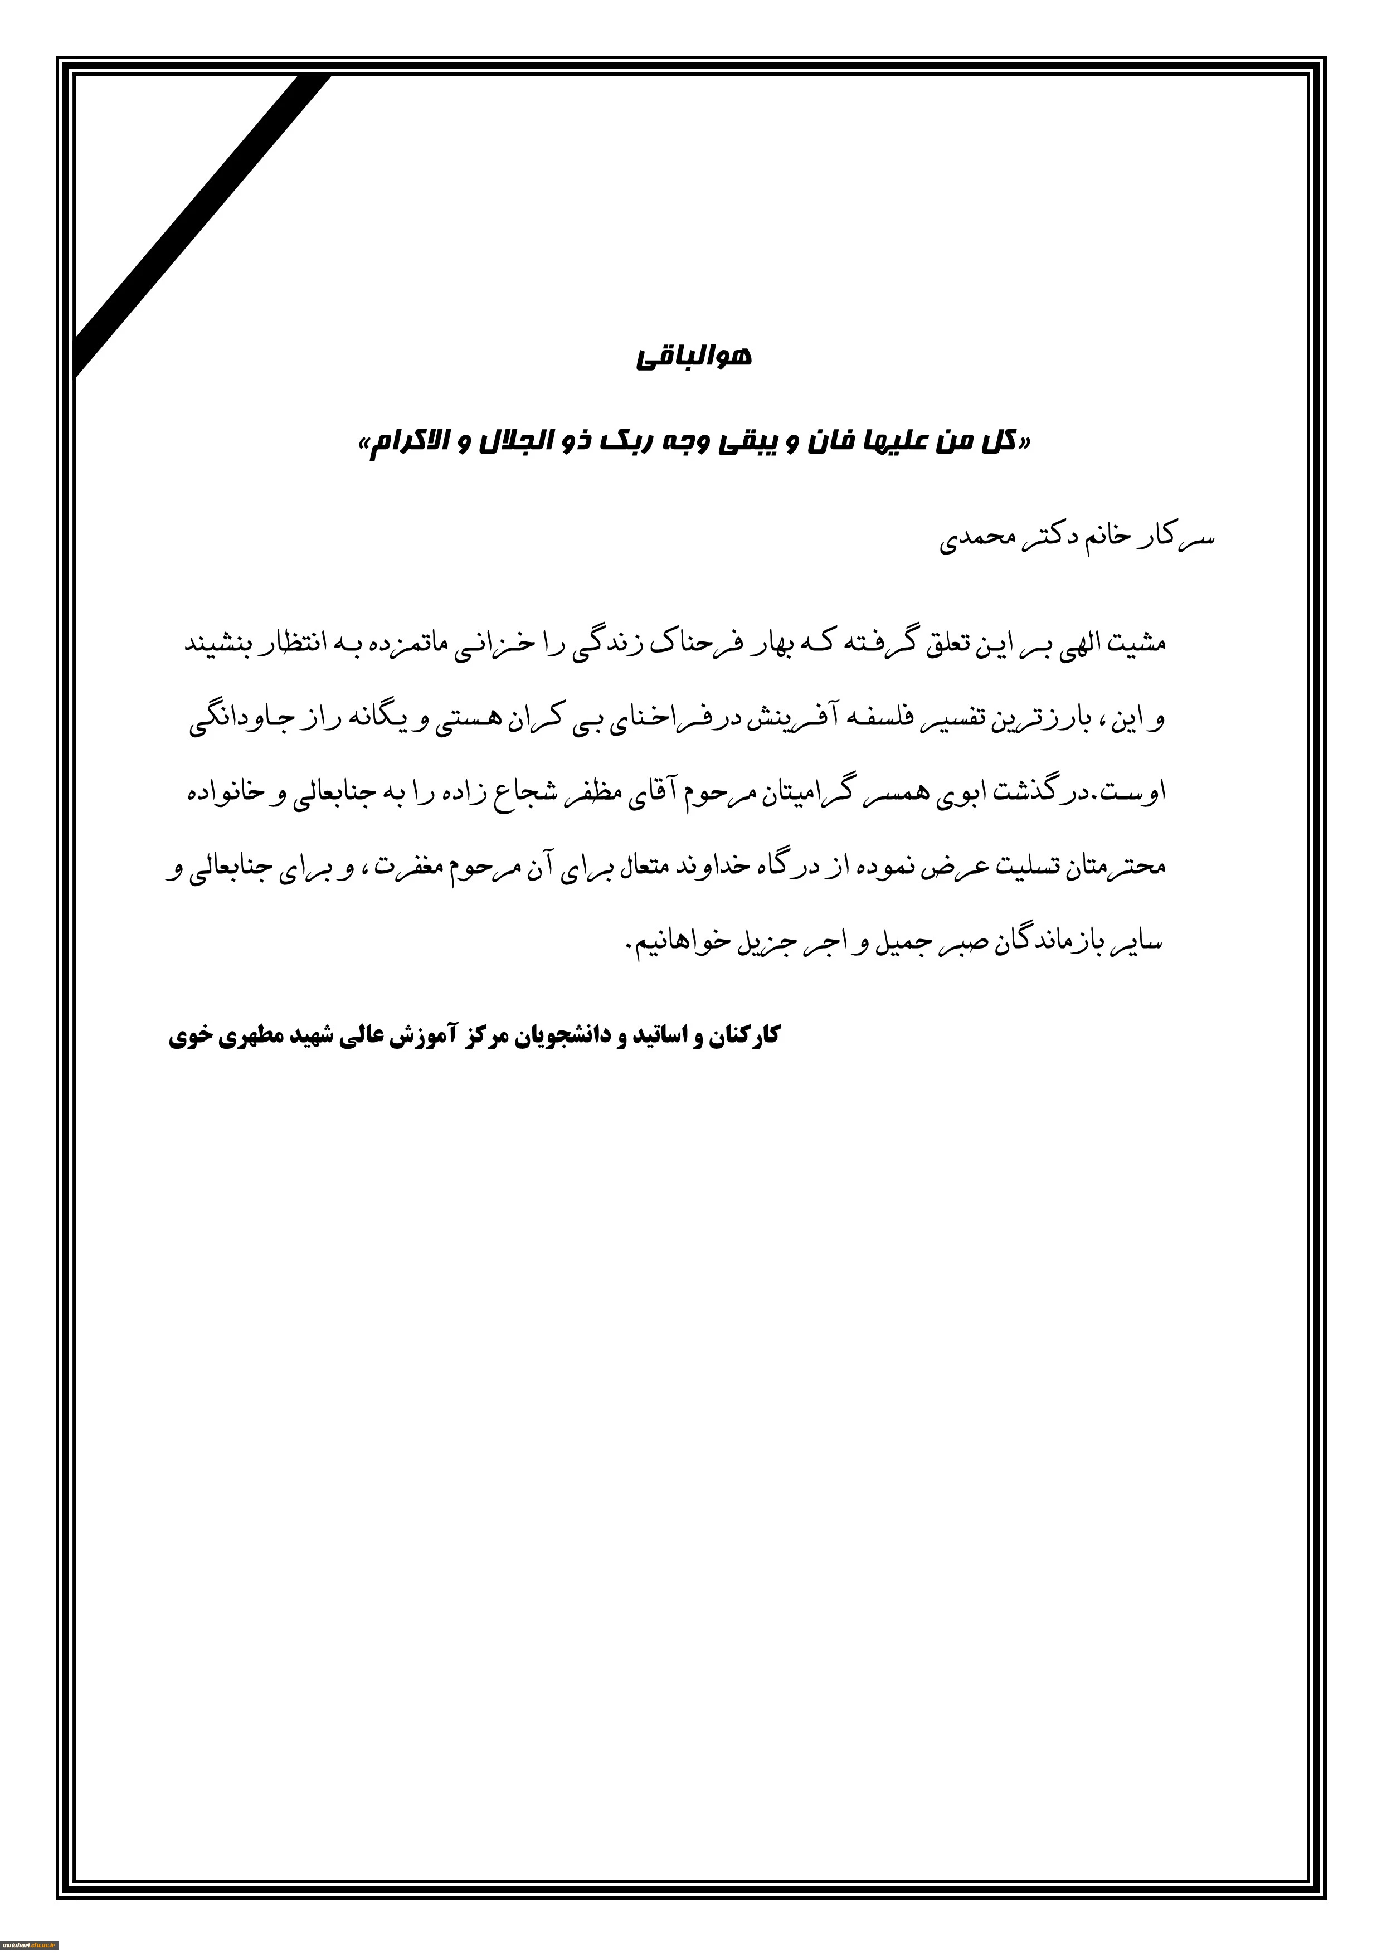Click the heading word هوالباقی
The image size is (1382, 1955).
pos(693,357)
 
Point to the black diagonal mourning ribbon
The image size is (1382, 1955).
pos(205,221)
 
